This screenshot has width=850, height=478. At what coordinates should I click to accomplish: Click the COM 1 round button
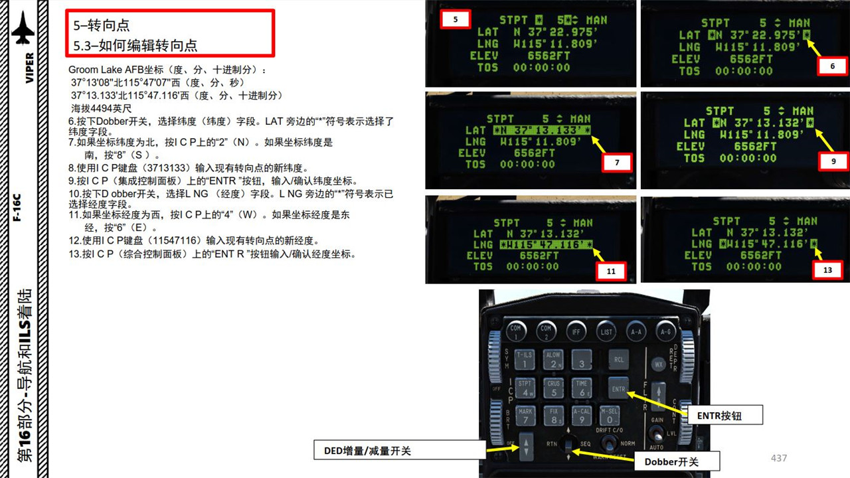515,330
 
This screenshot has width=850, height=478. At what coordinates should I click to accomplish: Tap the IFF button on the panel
576,330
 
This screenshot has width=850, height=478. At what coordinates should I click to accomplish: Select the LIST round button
606,330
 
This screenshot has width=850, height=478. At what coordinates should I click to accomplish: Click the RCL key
619,359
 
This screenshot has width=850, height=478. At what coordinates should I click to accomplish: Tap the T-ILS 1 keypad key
525,359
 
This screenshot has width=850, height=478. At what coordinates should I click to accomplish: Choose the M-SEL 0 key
609,416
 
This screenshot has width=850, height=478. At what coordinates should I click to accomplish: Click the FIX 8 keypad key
554,416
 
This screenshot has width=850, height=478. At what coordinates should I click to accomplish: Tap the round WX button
659,364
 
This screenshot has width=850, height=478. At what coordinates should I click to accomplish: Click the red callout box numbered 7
616,162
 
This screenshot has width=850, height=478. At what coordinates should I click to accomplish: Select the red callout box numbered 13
827,270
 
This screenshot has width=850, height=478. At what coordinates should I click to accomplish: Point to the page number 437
778,458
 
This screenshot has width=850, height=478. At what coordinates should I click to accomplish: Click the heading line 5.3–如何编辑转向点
135,45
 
